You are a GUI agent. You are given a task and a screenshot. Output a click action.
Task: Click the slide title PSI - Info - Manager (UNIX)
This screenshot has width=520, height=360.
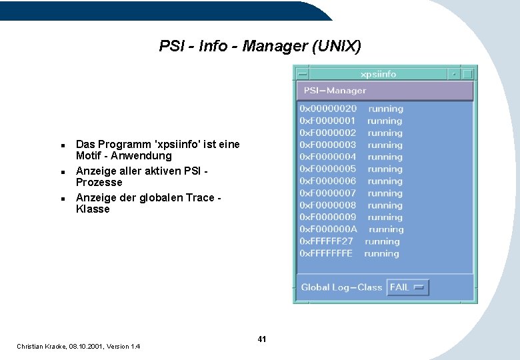[x=260, y=46]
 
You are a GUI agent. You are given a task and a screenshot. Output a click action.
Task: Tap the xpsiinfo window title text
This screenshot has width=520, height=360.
[x=378, y=74]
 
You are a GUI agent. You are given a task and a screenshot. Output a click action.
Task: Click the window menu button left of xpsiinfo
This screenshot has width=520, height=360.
[x=302, y=74]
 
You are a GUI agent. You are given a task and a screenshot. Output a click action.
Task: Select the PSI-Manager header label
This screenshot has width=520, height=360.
[x=335, y=91]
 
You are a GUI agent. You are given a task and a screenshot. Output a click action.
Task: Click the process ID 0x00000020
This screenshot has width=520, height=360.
[x=328, y=109]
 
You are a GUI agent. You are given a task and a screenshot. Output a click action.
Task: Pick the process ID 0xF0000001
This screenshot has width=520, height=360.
[x=327, y=121]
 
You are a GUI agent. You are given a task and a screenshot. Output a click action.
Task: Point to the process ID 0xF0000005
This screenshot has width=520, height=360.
[x=328, y=169]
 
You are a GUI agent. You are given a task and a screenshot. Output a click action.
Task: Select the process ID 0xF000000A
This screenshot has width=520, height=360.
[x=328, y=229]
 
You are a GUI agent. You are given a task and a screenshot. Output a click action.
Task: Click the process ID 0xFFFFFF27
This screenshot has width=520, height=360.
[x=327, y=241]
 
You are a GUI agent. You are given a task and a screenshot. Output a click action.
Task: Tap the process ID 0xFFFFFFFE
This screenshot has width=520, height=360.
[x=326, y=253]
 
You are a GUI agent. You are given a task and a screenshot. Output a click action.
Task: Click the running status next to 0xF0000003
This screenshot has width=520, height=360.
[x=385, y=145]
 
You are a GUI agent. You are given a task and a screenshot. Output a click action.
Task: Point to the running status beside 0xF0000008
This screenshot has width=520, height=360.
[x=385, y=205]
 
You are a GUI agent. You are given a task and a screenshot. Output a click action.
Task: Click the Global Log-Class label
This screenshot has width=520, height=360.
[x=341, y=287]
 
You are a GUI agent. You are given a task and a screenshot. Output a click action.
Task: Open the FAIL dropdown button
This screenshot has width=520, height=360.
[x=408, y=287]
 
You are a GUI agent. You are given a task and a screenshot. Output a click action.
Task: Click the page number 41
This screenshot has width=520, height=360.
[x=262, y=339]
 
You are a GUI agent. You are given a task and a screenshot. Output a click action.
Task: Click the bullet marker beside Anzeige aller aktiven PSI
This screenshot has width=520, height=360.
[x=61, y=171]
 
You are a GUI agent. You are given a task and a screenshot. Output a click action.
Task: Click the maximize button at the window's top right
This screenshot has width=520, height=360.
[x=469, y=74]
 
